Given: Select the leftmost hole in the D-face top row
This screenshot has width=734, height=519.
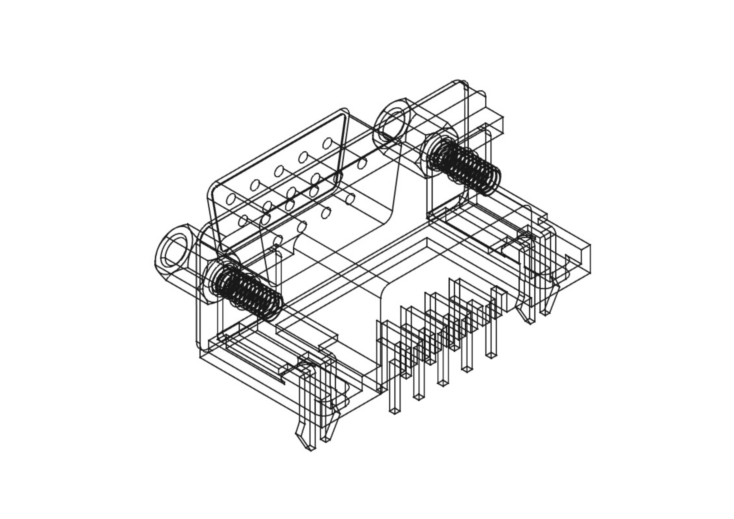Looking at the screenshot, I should tap(231, 200).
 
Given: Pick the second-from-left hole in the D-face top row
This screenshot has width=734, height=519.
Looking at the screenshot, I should tap(255, 185).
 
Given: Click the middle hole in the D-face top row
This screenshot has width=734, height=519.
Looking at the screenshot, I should tap(279, 171).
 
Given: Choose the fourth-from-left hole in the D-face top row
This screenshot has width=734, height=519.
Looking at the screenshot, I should tap(303, 157).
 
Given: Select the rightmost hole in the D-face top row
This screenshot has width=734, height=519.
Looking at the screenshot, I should tap(327, 143).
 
